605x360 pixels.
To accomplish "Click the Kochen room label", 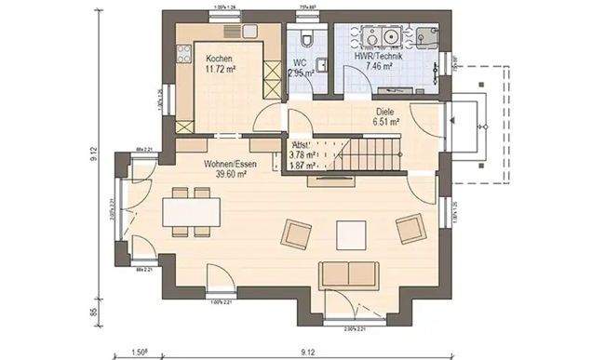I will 220,59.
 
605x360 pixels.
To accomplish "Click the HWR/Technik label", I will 378,57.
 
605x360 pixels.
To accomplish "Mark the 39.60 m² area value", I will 230,173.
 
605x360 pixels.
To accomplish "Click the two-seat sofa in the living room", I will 348,273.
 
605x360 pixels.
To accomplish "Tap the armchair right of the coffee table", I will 409,229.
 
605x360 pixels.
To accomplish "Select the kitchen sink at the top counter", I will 252,33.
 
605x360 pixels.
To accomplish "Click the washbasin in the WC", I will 319,65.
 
